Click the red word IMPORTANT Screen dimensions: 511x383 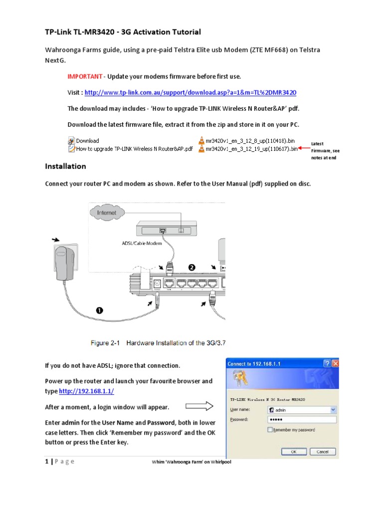[x=85, y=76]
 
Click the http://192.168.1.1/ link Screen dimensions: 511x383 [x=90, y=392]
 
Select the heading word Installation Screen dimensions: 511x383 [x=65, y=166]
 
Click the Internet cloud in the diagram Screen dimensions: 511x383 [x=107, y=213]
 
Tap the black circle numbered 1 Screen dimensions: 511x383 [x=99, y=310]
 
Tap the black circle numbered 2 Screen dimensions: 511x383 [x=191, y=268]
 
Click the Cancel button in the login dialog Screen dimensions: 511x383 [x=323, y=451]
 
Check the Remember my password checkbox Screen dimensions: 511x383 [x=270, y=430]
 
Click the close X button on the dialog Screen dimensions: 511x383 [x=335, y=364]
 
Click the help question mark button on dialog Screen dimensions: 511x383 [x=327, y=364]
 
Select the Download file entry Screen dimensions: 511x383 [x=87, y=141]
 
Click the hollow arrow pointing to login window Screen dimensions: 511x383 [x=198, y=406]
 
